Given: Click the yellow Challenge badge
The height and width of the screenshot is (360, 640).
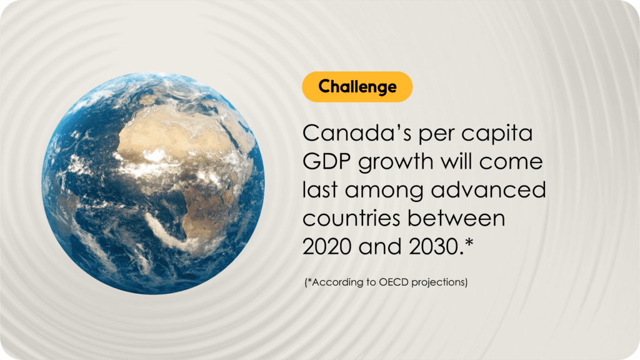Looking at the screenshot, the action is tap(357, 86).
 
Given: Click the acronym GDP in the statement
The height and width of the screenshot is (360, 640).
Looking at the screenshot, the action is tap(326, 162).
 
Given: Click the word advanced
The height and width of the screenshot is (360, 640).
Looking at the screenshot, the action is tap(488, 190).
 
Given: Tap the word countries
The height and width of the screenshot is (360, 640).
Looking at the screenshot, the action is tap(351, 218).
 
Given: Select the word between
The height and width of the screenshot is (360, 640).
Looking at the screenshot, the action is tap(456, 218).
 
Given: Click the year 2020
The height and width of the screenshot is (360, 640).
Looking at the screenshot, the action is tap(327, 246).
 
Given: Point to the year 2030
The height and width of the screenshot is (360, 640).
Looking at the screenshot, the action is tap(434, 246).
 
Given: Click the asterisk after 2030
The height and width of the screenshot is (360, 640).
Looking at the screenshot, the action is tap(469, 242).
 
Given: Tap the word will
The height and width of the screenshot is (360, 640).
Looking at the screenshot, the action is tap(456, 161).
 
